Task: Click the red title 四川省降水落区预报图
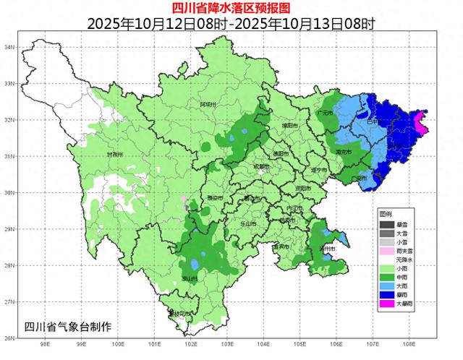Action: click(231, 8)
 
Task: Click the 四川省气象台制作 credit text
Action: click(68, 326)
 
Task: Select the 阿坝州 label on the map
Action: click(208, 105)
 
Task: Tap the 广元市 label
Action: click(325, 113)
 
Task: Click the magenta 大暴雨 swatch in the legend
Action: click(387, 304)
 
